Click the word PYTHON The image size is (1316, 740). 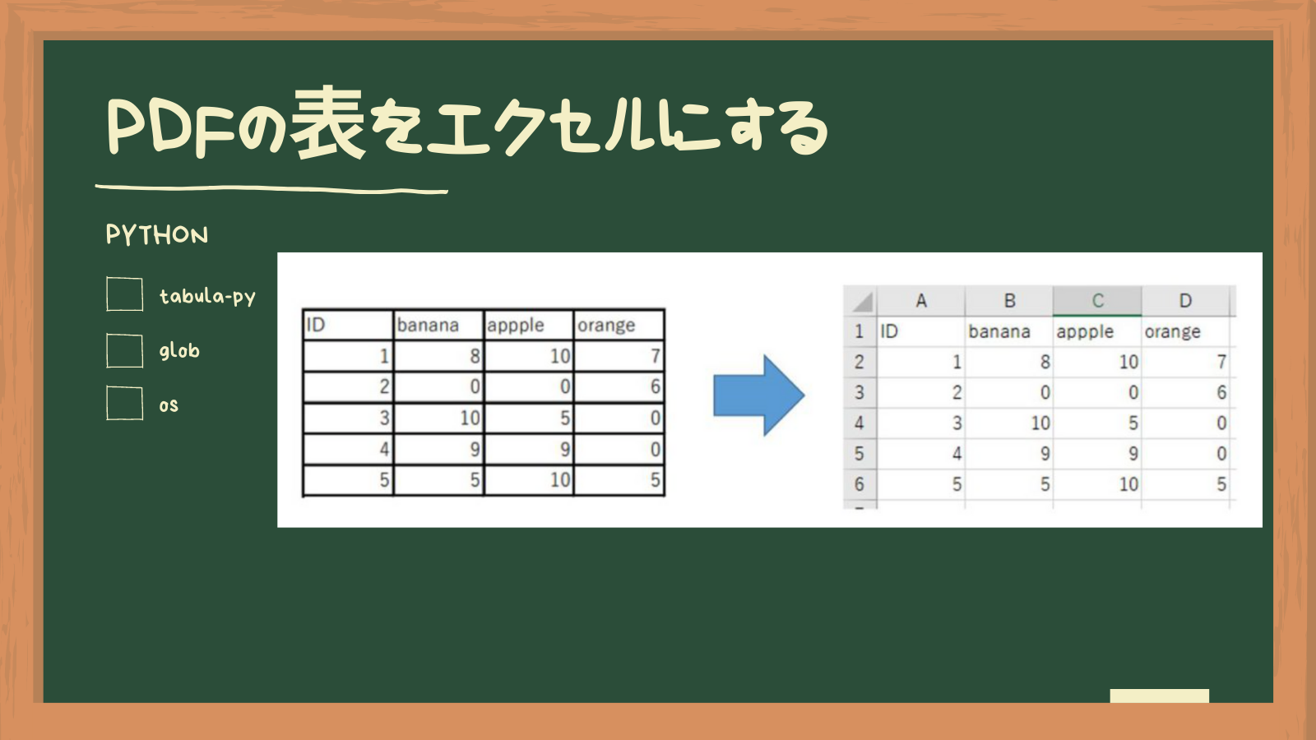(x=157, y=235)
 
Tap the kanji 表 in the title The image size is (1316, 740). (x=328, y=123)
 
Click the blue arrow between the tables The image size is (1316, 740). (x=758, y=395)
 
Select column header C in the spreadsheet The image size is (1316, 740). (x=1097, y=301)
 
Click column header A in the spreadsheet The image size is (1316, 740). (x=920, y=301)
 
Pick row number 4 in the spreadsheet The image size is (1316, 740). (x=859, y=423)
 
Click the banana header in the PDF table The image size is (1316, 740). (x=428, y=325)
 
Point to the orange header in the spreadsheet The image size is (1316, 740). (x=1173, y=332)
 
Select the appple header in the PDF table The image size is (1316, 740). (x=515, y=326)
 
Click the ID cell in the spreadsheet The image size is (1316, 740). (x=889, y=331)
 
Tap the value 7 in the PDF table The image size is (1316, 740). (x=656, y=356)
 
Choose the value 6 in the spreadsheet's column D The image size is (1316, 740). (x=1221, y=392)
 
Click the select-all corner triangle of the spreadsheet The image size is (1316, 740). (x=863, y=303)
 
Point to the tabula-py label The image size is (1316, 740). (x=207, y=297)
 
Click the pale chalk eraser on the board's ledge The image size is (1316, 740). (x=1159, y=696)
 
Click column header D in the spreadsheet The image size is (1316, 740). (x=1185, y=301)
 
